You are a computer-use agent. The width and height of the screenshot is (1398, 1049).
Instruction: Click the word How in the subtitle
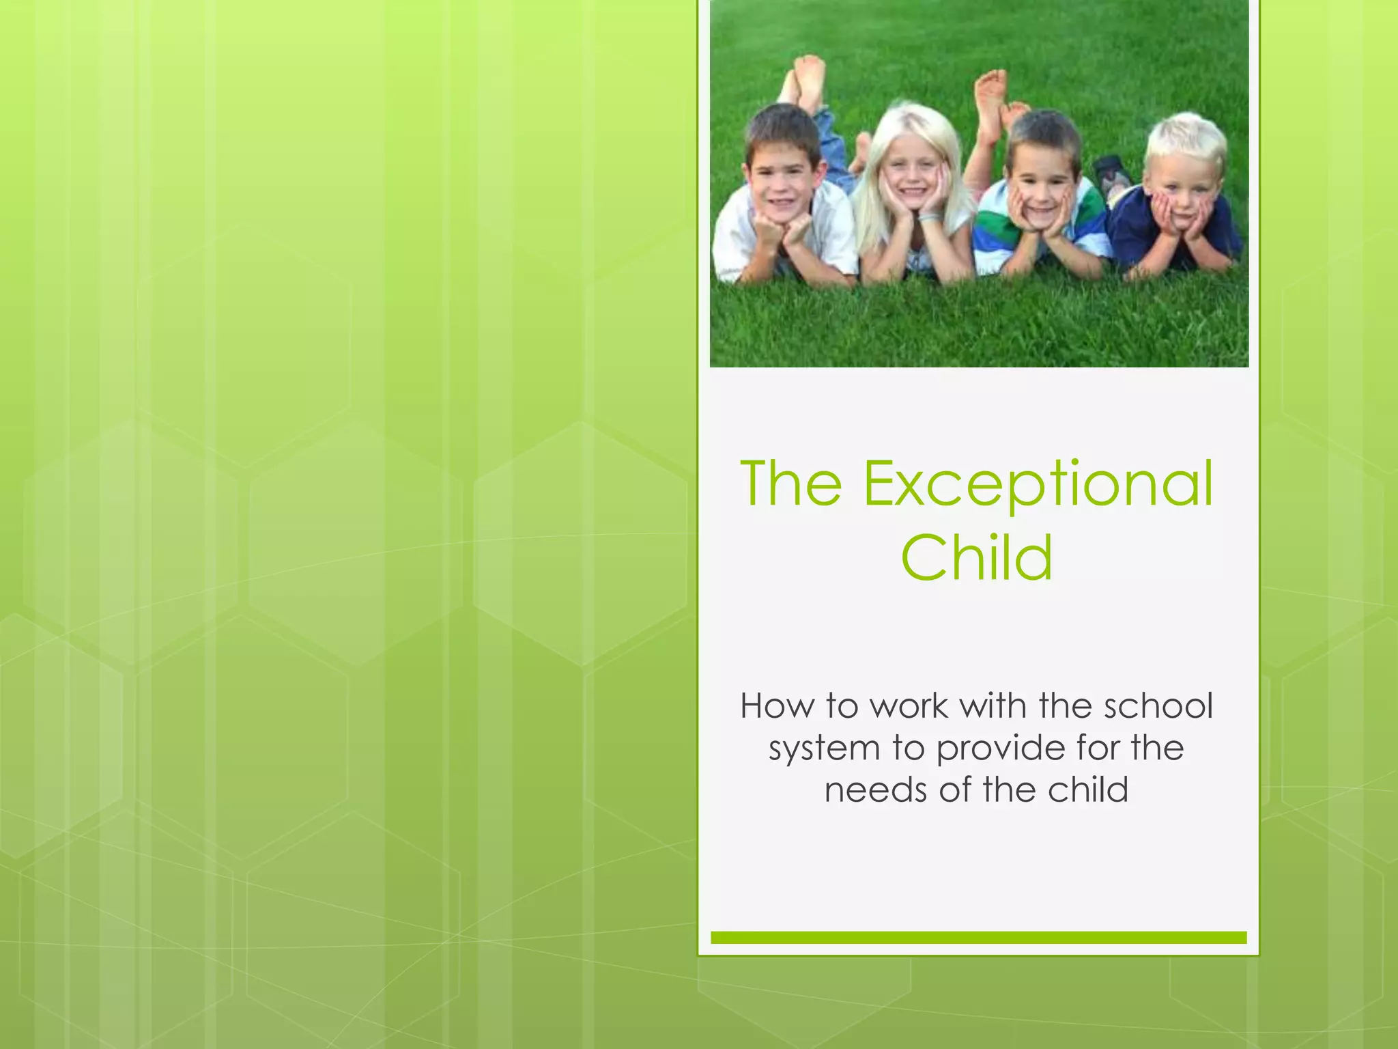coord(776,706)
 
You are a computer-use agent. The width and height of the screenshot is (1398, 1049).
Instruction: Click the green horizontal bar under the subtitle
coord(978,938)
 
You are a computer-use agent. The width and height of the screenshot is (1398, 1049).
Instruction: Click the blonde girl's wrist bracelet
coord(930,218)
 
